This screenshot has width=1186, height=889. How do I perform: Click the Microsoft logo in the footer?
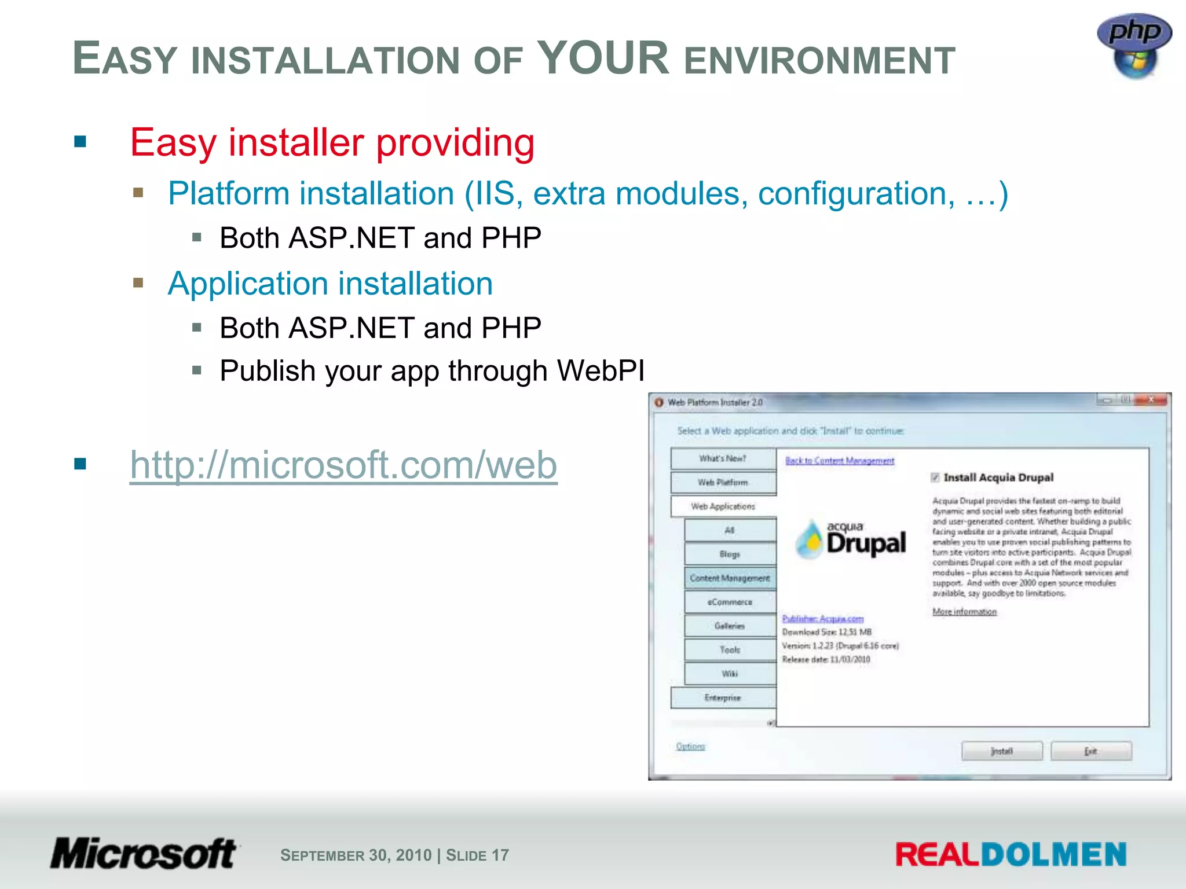[x=144, y=854]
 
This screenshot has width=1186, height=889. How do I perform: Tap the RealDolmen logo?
[x=1011, y=855]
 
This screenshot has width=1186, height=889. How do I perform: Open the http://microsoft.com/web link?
[x=343, y=465]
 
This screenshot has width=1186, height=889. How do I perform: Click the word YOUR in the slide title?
[x=603, y=58]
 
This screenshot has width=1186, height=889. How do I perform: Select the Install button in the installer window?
[x=1002, y=751]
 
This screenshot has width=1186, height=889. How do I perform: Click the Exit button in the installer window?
[x=1091, y=751]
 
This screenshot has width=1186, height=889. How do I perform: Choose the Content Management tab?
[x=730, y=578]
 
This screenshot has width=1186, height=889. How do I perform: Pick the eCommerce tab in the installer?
[x=730, y=602]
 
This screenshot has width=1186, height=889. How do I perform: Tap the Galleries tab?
[x=730, y=626]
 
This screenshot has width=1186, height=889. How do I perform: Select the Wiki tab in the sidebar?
[x=730, y=674]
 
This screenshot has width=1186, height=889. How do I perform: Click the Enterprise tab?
[x=723, y=697]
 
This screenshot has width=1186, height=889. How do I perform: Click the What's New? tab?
[x=723, y=458]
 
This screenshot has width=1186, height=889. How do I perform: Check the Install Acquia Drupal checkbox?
[x=935, y=477]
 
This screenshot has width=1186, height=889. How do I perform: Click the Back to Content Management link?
[x=840, y=461]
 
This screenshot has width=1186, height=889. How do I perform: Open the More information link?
[x=964, y=612]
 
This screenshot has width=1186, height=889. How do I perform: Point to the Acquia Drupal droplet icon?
[x=810, y=539]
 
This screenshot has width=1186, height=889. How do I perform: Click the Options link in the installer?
[x=690, y=746]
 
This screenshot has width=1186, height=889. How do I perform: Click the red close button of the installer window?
[x=1151, y=400]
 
